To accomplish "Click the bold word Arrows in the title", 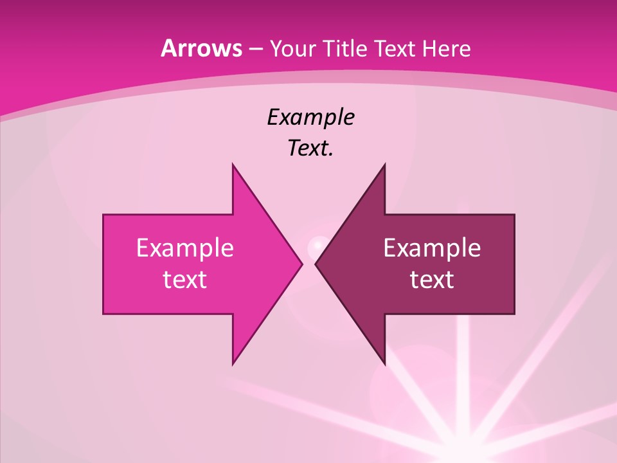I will tap(201, 48).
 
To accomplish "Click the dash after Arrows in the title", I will tap(255, 50).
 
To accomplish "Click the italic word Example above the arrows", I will tap(311, 118).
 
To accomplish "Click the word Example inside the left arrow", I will tap(185, 248).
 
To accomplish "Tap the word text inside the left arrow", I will tap(185, 280).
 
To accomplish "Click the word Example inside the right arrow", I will tap(432, 248).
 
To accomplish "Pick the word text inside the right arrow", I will tap(432, 280).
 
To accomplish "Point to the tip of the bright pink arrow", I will tap(301, 264).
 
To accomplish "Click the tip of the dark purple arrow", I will tap(316, 264).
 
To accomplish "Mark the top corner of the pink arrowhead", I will tap(233, 164).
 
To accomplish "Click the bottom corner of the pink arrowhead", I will tap(233, 364).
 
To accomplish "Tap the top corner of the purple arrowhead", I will tap(384, 164).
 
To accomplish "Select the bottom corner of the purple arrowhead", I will tap(384, 364).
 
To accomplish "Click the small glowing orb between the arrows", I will tap(316, 245).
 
